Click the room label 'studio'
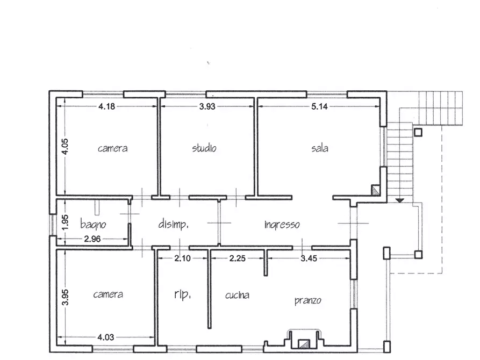pos(204,148)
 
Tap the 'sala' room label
pos(320,148)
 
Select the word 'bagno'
pos(93,225)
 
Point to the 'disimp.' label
pos(173,225)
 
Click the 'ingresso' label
pos(282,225)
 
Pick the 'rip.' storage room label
pos(183,294)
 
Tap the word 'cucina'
pos(237,295)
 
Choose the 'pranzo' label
pos(308,300)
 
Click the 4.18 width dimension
pos(106,106)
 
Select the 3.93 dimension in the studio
pos(207,106)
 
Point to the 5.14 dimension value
pos(319,106)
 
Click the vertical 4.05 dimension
pos(65,147)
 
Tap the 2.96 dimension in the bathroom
pos(92,239)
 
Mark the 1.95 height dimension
pos(65,222)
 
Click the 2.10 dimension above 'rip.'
pos(182,258)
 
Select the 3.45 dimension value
pos(309,258)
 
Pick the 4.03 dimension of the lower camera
pos(105,337)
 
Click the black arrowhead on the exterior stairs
pos(399,200)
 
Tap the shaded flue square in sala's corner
pos(375,190)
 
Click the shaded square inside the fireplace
pos(304,344)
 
